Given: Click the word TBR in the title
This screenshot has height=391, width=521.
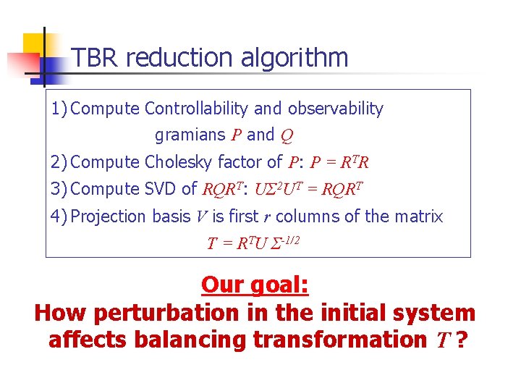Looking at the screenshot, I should pyautogui.click(x=91, y=57).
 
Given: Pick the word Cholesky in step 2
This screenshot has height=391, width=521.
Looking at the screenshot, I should pyautogui.click(x=177, y=161).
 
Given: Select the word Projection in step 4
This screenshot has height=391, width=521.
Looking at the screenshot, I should pyautogui.click(x=110, y=216).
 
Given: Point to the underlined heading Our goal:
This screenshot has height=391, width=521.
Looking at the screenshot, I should pyautogui.click(x=255, y=285).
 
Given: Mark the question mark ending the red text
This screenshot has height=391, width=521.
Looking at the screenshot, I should pyautogui.click(x=459, y=340).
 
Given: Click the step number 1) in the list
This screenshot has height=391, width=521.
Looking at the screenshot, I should pyautogui.click(x=59, y=109).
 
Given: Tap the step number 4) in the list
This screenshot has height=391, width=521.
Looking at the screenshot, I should pyautogui.click(x=59, y=216).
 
